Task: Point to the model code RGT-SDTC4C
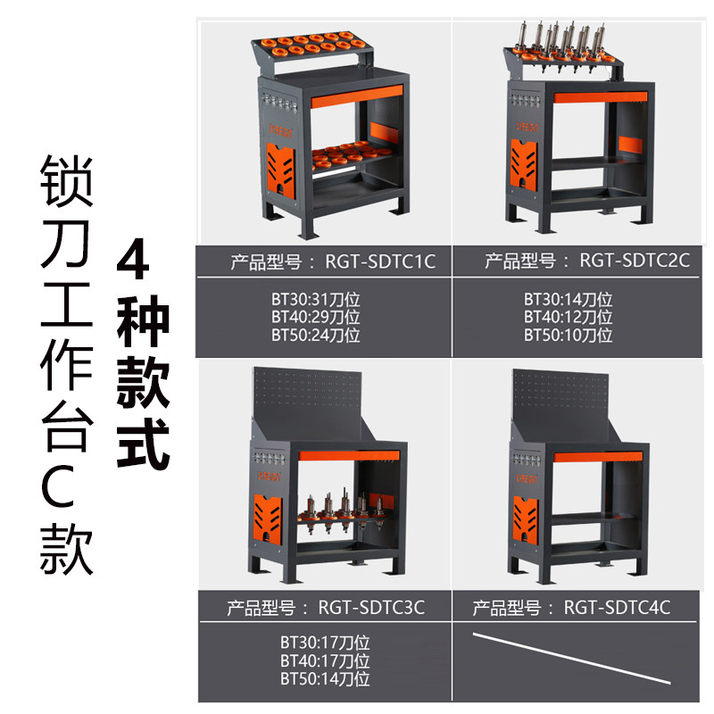tap(617, 608)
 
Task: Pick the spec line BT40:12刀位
tap(568, 318)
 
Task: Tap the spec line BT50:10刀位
tap(568, 336)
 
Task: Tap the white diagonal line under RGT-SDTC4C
tap(571, 658)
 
